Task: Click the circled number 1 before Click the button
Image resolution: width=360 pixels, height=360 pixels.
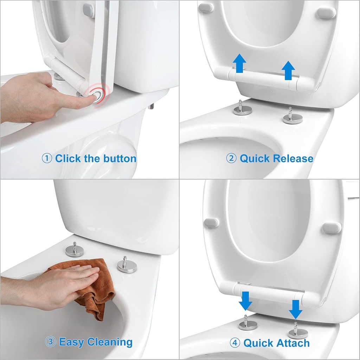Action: [x=47, y=158]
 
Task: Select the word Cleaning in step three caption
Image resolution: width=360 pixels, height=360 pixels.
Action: [x=110, y=342]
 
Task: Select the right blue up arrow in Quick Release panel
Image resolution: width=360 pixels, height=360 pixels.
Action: [x=289, y=70]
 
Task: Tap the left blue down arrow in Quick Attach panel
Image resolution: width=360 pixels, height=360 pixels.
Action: [x=245, y=300]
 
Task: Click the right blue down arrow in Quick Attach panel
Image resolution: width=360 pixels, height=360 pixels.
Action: [x=296, y=309]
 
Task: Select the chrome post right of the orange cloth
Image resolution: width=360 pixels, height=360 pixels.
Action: [x=127, y=265]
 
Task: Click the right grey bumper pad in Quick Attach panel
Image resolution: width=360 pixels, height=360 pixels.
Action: [x=331, y=227]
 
